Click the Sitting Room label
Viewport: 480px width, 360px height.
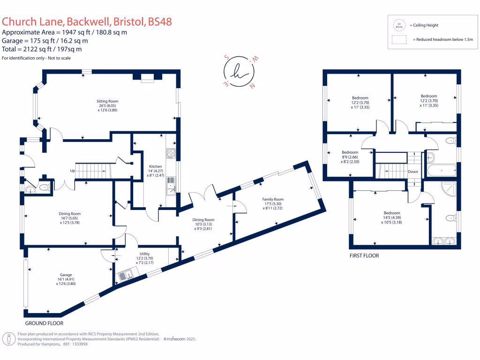click(107, 101)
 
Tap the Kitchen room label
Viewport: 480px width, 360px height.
click(156, 166)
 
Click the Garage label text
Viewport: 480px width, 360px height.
click(66, 275)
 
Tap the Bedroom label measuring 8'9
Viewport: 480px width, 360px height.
click(350, 152)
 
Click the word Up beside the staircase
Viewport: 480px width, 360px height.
click(73, 171)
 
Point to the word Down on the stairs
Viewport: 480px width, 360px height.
click(413, 172)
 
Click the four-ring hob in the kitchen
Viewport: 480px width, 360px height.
click(171, 154)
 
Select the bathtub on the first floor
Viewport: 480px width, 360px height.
click(441, 170)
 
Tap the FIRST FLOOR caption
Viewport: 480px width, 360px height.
click(364, 255)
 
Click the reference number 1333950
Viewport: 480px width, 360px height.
click(78, 344)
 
